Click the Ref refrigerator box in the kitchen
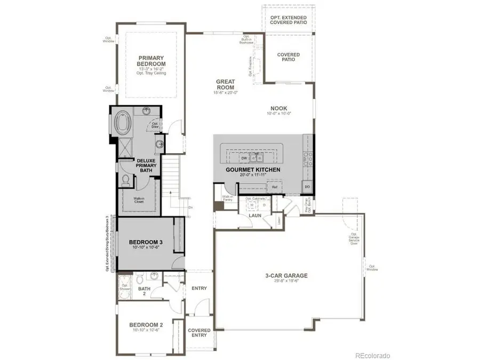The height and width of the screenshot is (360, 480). tap(274, 187)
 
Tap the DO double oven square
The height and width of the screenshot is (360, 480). tap(307, 187)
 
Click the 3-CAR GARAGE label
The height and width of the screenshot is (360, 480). tap(287, 276)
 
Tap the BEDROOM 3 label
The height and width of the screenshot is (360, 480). tap(146, 242)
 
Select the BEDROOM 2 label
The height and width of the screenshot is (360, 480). tap(146, 325)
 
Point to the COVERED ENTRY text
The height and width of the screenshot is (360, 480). tap(199, 333)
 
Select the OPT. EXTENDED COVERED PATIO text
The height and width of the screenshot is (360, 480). tap(291, 20)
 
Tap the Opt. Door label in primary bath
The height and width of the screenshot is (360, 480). tap(156, 125)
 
